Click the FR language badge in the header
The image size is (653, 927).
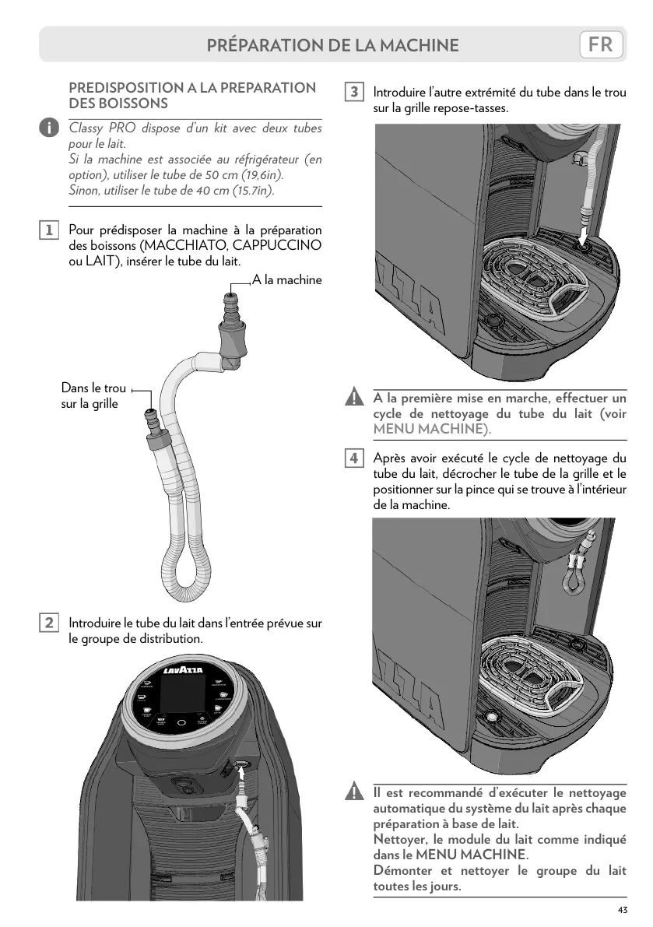(601, 44)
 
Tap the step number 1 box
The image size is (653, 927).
(48, 230)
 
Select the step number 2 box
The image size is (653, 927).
(48, 623)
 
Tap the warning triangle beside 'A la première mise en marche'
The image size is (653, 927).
(354, 399)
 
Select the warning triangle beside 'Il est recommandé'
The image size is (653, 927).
(354, 793)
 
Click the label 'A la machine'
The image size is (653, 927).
(287, 279)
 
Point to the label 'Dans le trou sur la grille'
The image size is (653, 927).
(93, 395)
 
